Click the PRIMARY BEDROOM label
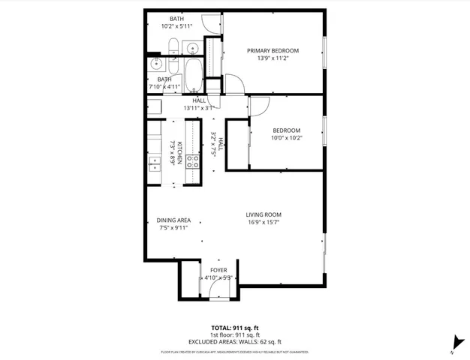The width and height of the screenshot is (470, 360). tap(273, 51)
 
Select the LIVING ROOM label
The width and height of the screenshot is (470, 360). tap(264, 214)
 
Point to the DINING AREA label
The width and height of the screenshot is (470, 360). tap(173, 220)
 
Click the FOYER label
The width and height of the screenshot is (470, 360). tap(218, 270)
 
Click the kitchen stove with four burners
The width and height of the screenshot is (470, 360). tap(192, 161)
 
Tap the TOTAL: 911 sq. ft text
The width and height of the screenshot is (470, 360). tap(235, 328)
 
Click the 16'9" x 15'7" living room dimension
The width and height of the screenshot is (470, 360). tap(264, 222)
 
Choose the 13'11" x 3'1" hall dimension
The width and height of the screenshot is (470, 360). tap(199, 108)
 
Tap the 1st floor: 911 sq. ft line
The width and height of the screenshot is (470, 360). tap(235, 334)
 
